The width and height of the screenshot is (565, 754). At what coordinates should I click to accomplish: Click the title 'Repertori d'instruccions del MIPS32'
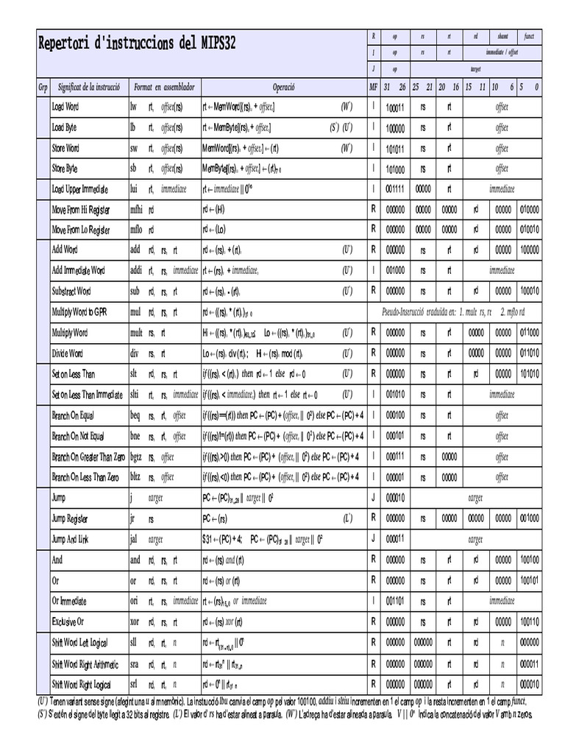[x=137, y=43]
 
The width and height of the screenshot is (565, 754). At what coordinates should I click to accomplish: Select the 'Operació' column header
[x=283, y=87]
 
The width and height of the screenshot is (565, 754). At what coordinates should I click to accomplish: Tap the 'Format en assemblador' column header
[x=163, y=87]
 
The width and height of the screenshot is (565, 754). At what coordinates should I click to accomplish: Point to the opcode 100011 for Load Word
[x=395, y=108]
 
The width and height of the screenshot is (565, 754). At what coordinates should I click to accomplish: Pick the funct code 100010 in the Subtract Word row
[x=528, y=292]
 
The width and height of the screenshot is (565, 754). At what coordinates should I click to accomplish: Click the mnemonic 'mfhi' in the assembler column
[x=137, y=210]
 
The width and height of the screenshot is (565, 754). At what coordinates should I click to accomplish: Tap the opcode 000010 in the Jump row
[x=395, y=498]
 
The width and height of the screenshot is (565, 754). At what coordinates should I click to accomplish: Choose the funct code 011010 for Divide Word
[x=528, y=353]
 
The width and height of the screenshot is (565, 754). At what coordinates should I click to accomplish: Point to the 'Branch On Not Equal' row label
[x=78, y=436]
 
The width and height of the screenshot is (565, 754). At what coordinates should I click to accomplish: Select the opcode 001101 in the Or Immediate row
[x=395, y=601]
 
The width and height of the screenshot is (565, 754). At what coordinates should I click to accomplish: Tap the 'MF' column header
[x=374, y=87]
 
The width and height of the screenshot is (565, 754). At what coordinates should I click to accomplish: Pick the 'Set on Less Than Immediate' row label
[x=87, y=395]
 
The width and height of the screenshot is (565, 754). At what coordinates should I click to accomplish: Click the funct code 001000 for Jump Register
[x=528, y=518]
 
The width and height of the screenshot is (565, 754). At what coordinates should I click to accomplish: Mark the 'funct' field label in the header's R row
[x=529, y=36]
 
